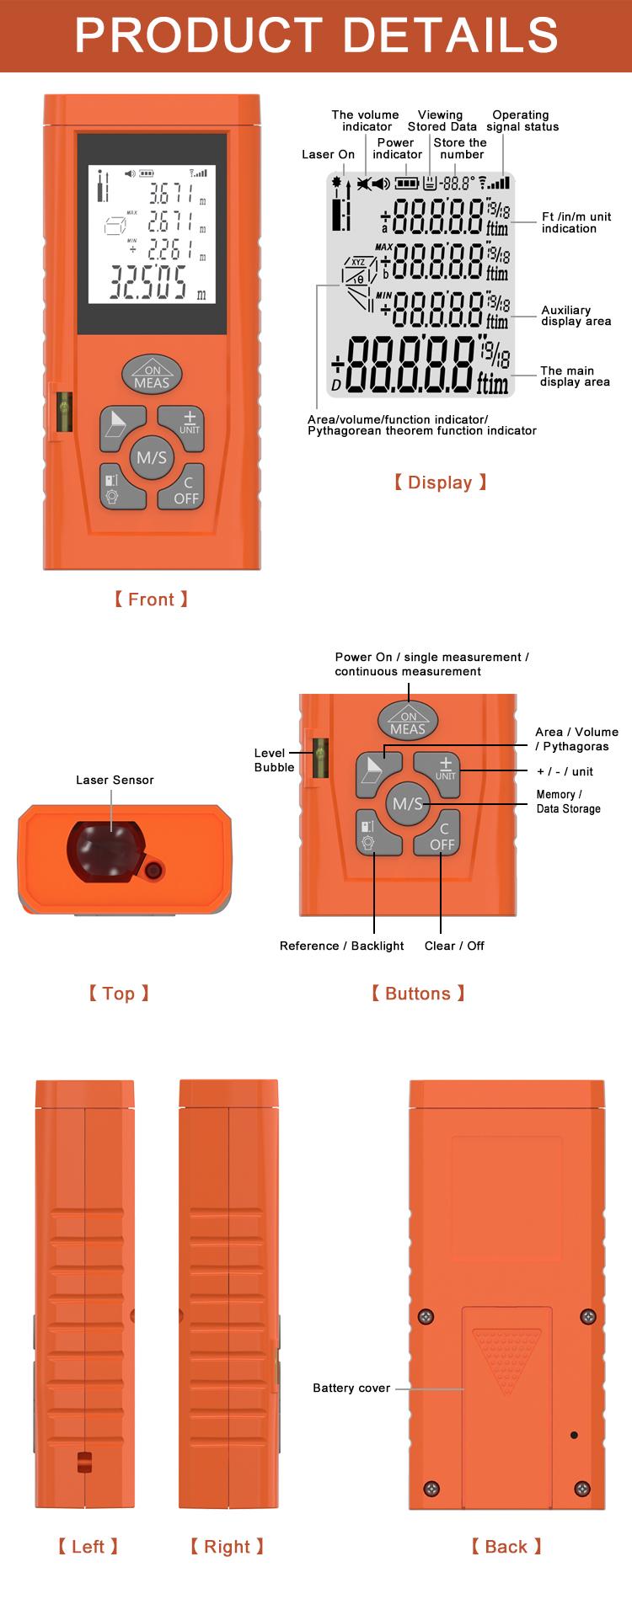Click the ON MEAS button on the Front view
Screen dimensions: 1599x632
click(152, 376)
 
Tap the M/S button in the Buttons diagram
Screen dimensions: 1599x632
click(408, 804)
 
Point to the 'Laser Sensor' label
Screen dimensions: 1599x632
click(115, 780)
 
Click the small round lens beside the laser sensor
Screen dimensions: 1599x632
click(153, 870)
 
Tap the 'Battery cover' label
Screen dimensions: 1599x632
click(351, 1388)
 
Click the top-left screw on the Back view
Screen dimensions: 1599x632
click(426, 1316)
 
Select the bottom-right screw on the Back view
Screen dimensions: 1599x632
click(581, 1489)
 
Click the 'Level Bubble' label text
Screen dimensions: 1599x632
click(274, 760)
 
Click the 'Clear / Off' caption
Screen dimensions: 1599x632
click(454, 946)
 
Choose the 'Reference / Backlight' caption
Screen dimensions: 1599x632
click(341, 946)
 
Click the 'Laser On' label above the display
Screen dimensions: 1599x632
click(328, 154)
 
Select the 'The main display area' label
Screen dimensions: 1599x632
click(575, 376)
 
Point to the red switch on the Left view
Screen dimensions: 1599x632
click(84, 1462)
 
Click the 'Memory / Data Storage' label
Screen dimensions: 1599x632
click(568, 802)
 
